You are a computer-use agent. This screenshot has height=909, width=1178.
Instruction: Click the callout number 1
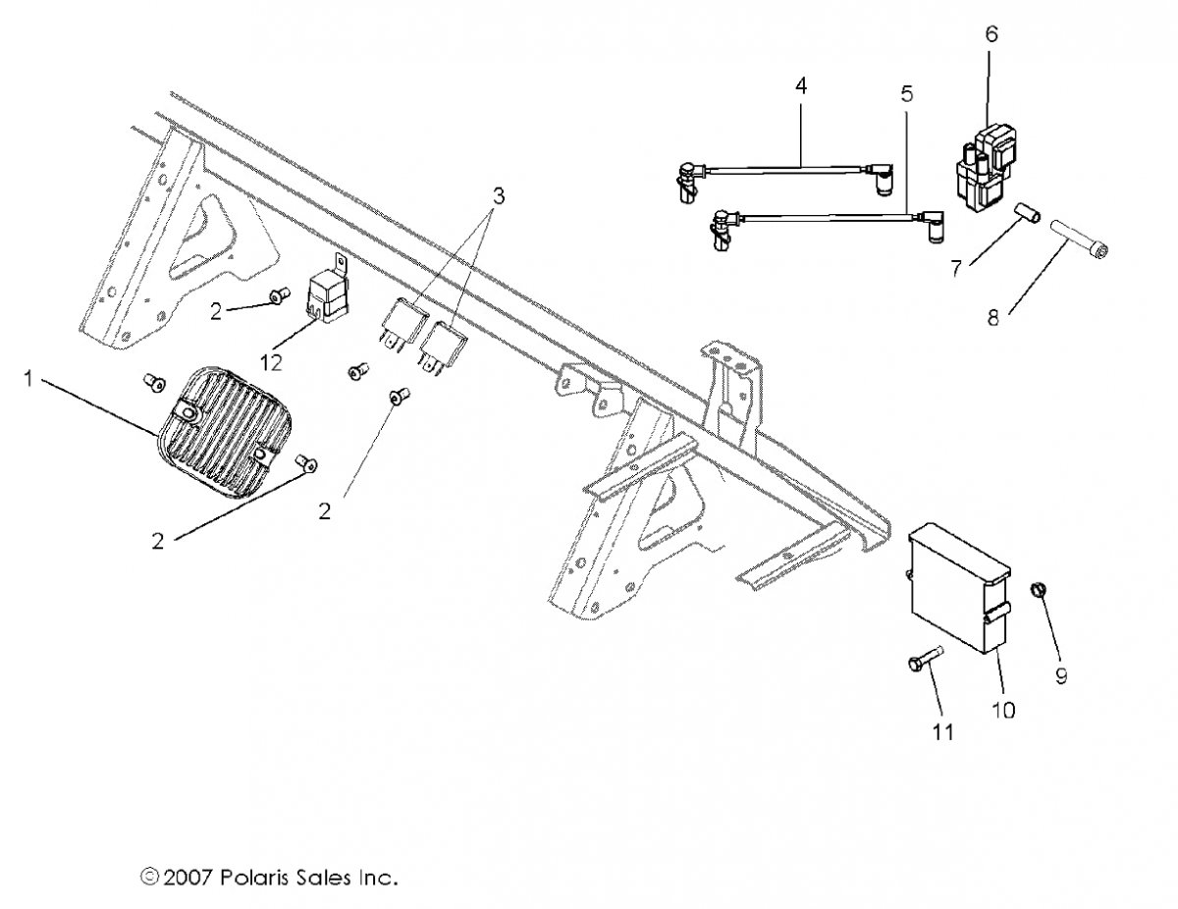28,379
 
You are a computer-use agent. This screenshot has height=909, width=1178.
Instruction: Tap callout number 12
271,362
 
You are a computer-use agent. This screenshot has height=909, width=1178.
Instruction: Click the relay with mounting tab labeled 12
329,295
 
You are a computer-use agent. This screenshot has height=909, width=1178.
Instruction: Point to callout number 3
498,196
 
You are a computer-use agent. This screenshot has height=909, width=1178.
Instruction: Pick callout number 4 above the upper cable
801,86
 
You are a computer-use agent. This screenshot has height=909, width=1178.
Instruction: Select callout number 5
906,94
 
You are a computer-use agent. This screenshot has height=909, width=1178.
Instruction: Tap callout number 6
991,34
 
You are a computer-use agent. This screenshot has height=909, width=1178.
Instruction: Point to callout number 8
992,317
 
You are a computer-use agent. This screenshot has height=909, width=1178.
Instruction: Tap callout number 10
1003,710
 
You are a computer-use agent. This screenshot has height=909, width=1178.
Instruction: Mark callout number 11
942,731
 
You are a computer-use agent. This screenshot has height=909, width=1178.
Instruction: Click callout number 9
1061,675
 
